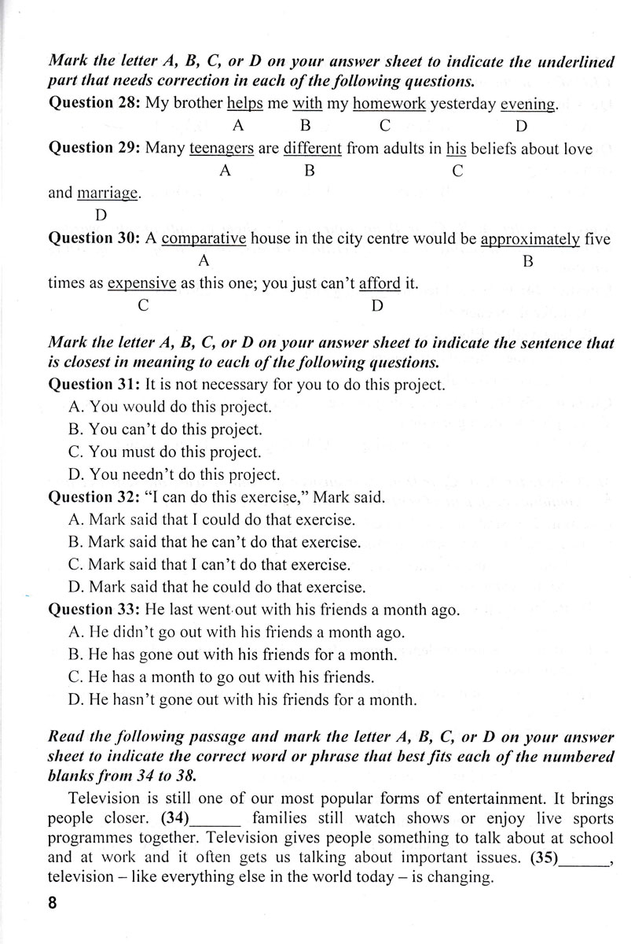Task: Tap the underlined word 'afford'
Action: (380, 284)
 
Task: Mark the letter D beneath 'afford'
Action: (377, 306)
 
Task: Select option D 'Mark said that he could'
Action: (217, 587)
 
